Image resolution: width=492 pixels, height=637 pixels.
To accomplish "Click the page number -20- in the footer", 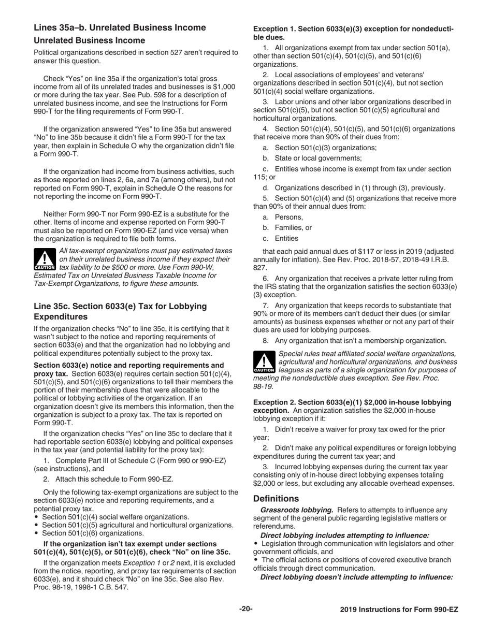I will click(x=245, y=609).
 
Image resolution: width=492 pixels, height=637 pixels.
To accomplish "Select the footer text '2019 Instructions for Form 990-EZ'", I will click(x=399, y=610).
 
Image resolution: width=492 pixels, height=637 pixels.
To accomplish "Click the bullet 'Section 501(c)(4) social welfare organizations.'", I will click(x=115, y=517).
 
